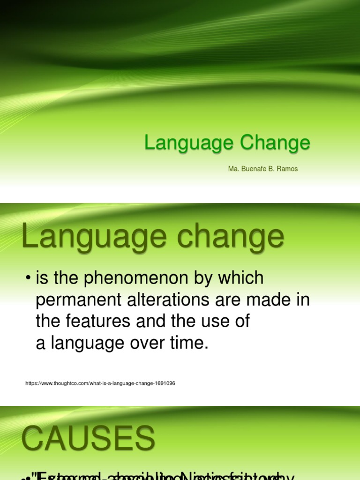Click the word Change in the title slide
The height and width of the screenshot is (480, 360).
275,142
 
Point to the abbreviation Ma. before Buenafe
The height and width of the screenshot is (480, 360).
233,169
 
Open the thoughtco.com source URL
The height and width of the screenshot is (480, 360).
100,383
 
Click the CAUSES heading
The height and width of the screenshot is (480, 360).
88,439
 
